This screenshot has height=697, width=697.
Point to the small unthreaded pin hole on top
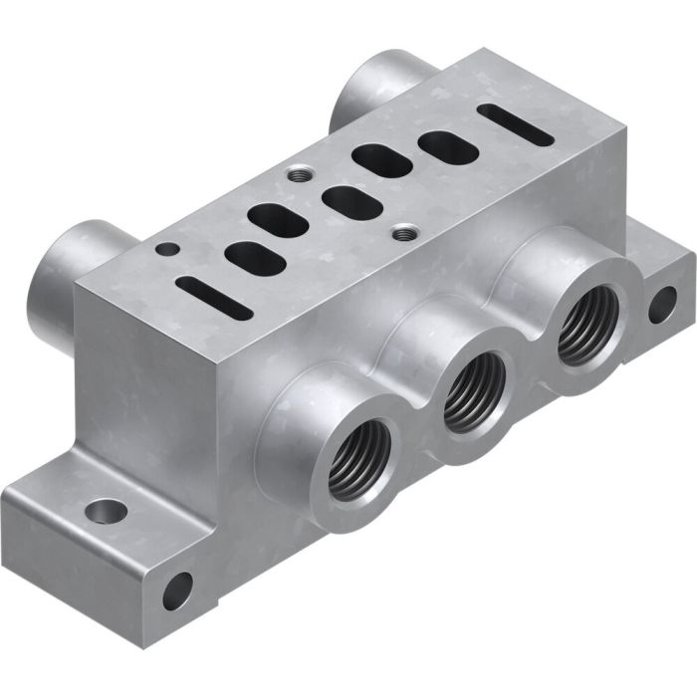(x=172, y=248)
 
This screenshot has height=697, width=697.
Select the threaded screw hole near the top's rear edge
(x=296, y=175)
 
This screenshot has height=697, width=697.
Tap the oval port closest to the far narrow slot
(x=441, y=143)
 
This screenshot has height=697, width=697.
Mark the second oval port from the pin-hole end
(x=272, y=216)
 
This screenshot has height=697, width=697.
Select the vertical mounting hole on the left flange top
(x=105, y=513)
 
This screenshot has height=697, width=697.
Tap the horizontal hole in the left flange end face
(x=177, y=590)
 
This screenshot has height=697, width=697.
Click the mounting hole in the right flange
(x=661, y=304)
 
